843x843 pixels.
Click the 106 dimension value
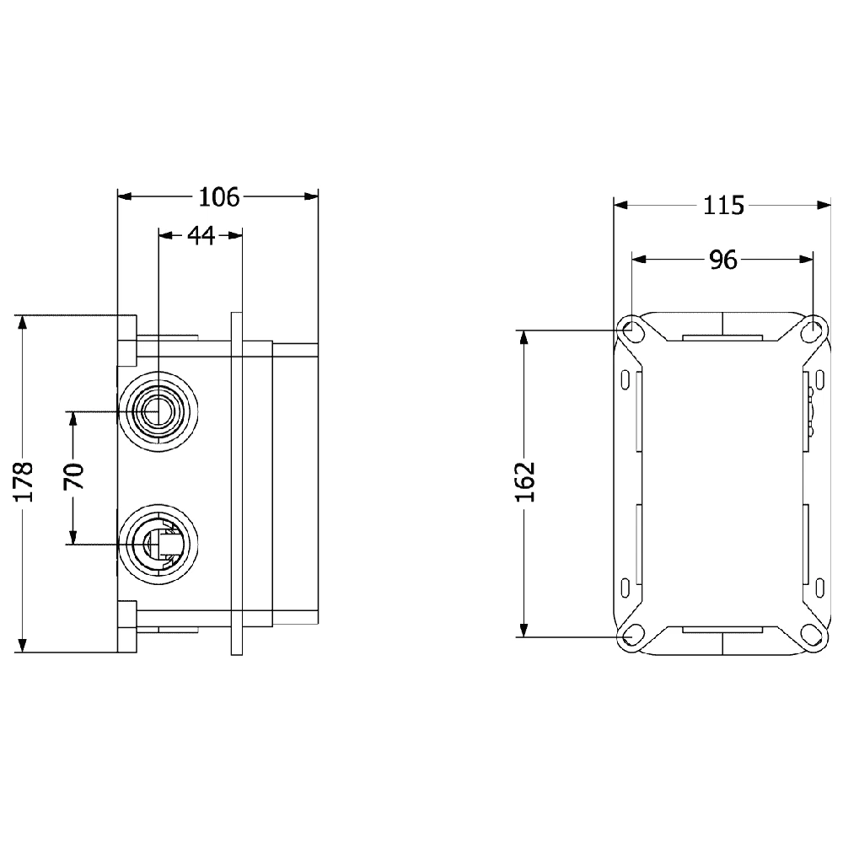(219, 197)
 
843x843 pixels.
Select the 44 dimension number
(201, 235)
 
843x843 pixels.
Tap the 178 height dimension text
(24, 481)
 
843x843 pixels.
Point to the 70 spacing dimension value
(74, 476)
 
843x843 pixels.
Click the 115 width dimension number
(723, 206)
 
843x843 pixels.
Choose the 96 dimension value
(723, 260)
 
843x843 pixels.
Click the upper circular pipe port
(158, 411)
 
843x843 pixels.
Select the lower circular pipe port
(158, 544)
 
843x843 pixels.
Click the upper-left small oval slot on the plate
(626, 379)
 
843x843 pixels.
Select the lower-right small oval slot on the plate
(820, 588)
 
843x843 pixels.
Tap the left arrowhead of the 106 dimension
(125, 196)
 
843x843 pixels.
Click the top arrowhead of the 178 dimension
(22, 321)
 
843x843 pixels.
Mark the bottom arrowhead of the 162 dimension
(524, 630)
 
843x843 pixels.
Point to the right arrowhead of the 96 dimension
(806, 259)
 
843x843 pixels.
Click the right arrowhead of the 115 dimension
(824, 205)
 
